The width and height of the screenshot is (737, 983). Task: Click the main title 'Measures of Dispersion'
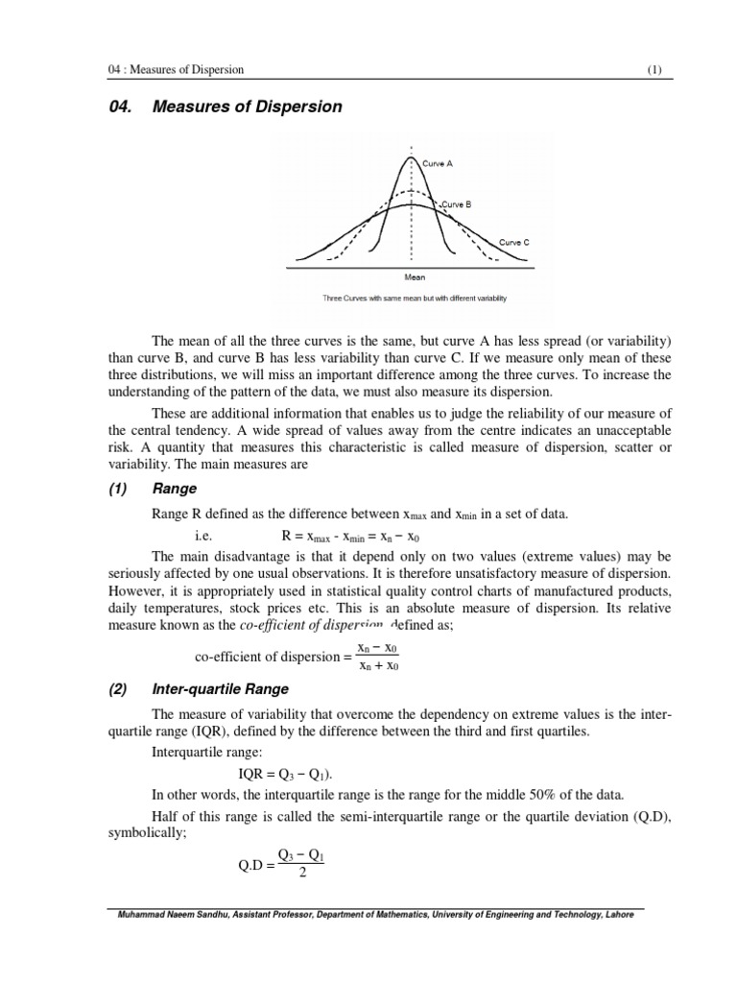tap(248, 107)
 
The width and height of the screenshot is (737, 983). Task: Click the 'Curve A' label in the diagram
tap(437, 164)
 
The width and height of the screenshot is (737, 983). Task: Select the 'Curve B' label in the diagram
tap(456, 204)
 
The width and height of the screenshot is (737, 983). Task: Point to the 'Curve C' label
tap(514, 243)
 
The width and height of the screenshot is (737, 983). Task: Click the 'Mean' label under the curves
tap(415, 277)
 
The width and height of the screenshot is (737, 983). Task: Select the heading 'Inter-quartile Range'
tap(221, 688)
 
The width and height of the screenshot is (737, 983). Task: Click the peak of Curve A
tap(413, 156)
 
